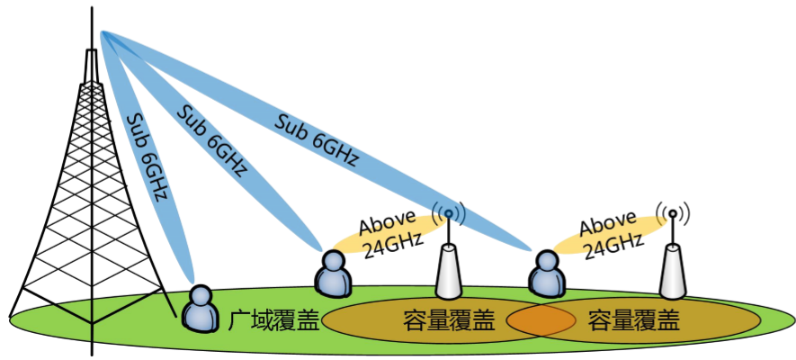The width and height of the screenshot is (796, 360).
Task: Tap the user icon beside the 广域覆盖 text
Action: (x=200, y=309)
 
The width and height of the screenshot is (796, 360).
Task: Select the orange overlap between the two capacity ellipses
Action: (x=541, y=319)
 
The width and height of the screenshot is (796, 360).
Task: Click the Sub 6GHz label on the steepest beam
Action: (x=149, y=157)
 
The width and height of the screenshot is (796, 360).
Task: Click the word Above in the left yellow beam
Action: (x=386, y=224)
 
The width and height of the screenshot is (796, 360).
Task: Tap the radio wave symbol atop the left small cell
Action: (x=449, y=214)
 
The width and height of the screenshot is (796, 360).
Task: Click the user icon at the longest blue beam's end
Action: (x=546, y=275)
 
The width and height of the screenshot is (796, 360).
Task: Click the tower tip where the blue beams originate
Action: (x=102, y=33)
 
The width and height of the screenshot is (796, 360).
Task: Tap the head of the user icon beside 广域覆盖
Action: (x=200, y=296)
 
